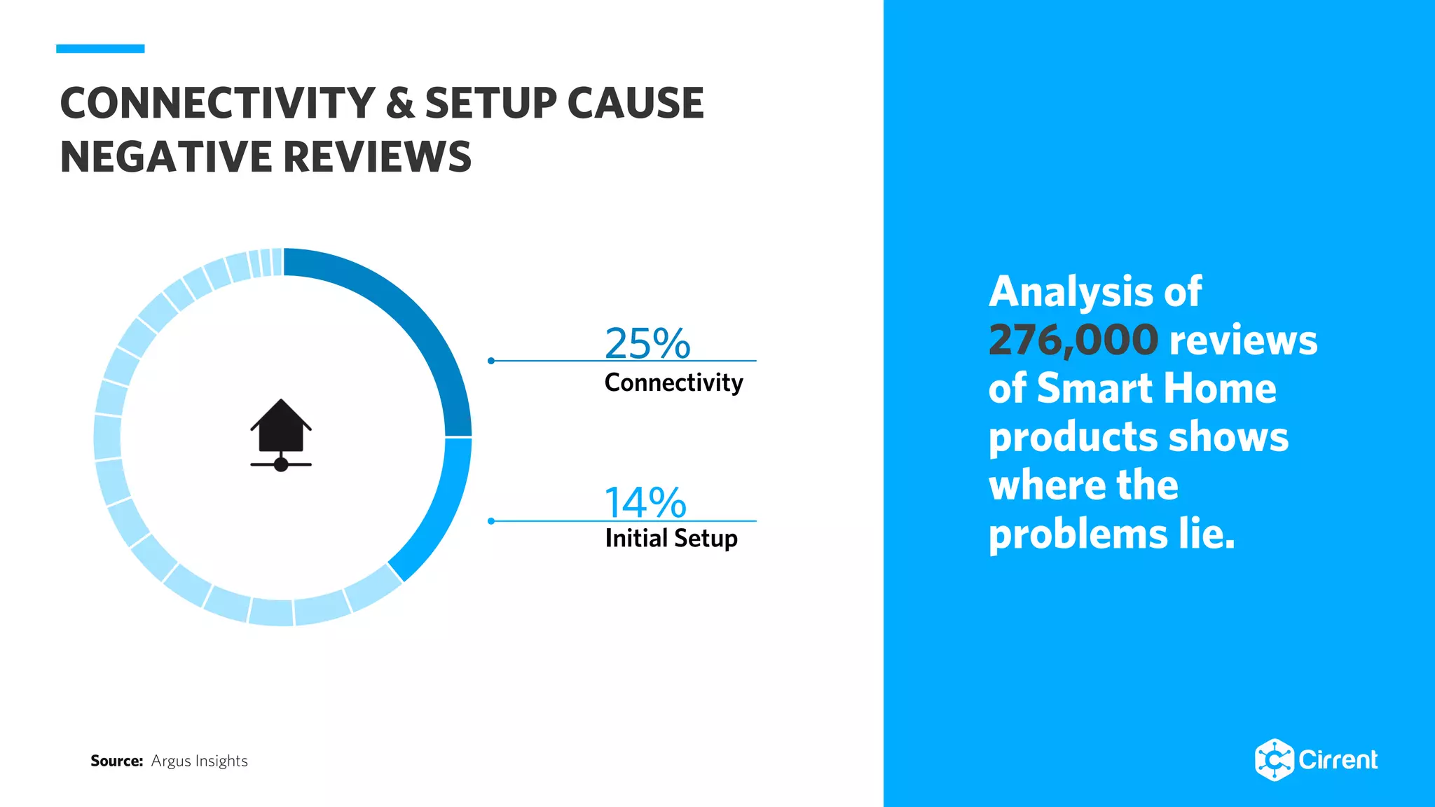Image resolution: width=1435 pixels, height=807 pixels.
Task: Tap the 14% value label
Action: point(645,502)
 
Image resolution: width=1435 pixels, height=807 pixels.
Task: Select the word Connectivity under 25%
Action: point(673,382)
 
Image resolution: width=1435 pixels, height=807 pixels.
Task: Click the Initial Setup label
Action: point(671,538)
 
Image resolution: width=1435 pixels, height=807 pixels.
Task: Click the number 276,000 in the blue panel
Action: point(1073,340)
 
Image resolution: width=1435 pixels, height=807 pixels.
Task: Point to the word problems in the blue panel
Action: point(1077,534)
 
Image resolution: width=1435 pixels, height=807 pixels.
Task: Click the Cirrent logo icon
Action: point(1273,759)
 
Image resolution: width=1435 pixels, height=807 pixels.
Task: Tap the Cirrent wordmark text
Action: point(1338,759)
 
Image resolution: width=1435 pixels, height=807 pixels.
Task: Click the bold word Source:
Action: point(116,761)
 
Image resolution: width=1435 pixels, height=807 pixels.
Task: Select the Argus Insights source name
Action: point(200,761)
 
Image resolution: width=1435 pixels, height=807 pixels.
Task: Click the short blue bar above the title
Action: point(100,48)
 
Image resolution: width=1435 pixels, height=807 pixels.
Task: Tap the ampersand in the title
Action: point(400,103)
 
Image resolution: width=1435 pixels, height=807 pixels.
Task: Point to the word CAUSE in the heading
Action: point(635,103)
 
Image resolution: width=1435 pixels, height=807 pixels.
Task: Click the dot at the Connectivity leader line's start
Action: point(491,361)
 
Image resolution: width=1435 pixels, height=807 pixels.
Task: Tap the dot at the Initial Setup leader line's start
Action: point(491,520)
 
